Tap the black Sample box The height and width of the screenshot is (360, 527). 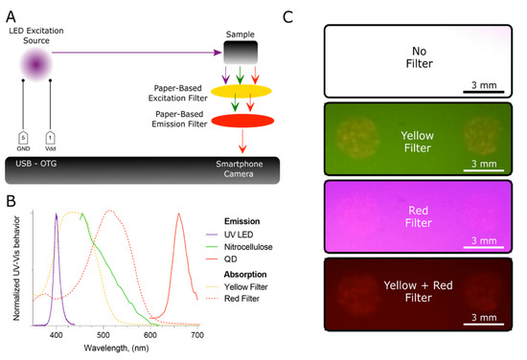point(241,52)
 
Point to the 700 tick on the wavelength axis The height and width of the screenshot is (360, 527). point(196,334)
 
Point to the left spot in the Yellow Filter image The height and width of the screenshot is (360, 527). point(355,136)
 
